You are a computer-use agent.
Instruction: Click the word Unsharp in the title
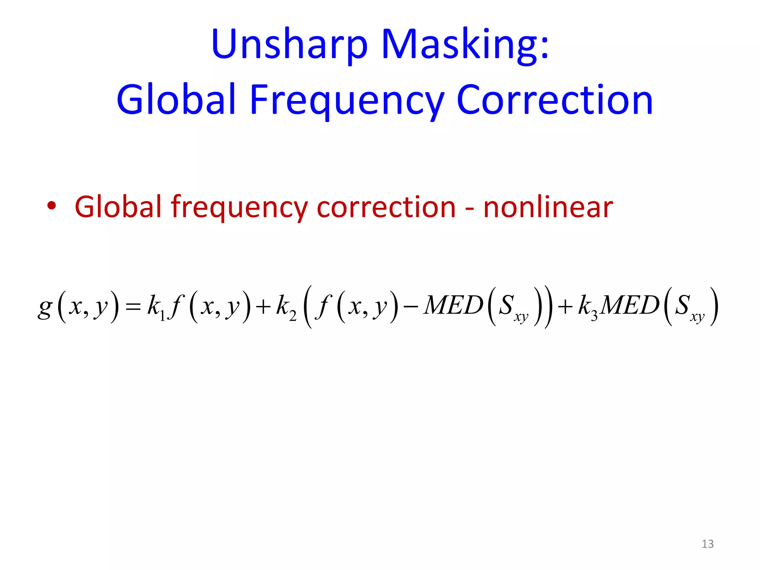point(289,45)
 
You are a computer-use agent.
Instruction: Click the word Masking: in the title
point(465,45)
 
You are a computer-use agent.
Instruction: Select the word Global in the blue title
point(176,99)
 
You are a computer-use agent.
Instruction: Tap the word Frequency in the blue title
point(347,99)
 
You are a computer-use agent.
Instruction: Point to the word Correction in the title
point(555,99)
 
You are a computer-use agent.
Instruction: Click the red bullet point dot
point(52,206)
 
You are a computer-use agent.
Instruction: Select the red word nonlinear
point(548,207)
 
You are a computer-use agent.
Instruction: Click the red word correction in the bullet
point(386,207)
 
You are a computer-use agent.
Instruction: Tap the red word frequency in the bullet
point(239,207)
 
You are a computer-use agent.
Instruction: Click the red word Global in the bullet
point(118,207)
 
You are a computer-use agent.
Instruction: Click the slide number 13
point(707,544)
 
